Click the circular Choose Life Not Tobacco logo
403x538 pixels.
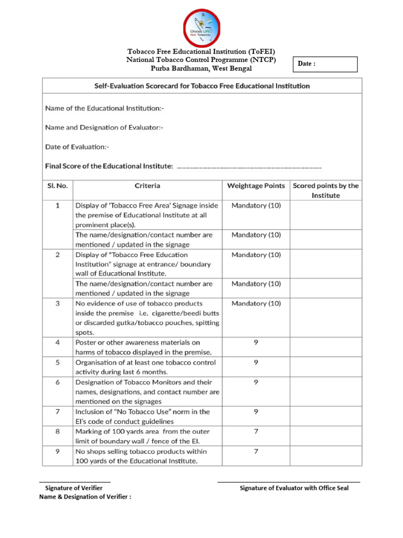click(201, 27)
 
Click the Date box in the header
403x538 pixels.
click(325, 64)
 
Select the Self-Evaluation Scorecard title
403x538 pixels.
click(202, 86)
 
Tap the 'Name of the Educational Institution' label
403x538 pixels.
click(104, 108)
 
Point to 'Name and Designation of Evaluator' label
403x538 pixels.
click(104, 128)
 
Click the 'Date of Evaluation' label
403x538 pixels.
click(77, 147)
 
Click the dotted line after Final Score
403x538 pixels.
click(249, 167)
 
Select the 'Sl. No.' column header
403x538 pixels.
click(58, 186)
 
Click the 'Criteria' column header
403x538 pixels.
click(147, 186)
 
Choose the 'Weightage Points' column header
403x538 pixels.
click(256, 186)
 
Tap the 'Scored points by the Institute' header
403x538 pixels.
click(325, 190)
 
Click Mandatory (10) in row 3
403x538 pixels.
click(256, 304)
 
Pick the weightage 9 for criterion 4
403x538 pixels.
click(256, 343)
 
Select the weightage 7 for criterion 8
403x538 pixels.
click(256, 431)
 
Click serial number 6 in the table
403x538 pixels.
click(58, 382)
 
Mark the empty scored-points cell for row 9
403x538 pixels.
click(325, 456)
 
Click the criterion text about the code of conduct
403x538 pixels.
click(142, 417)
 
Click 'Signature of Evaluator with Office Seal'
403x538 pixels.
click(294, 488)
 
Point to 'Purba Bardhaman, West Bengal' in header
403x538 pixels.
click(201, 68)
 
